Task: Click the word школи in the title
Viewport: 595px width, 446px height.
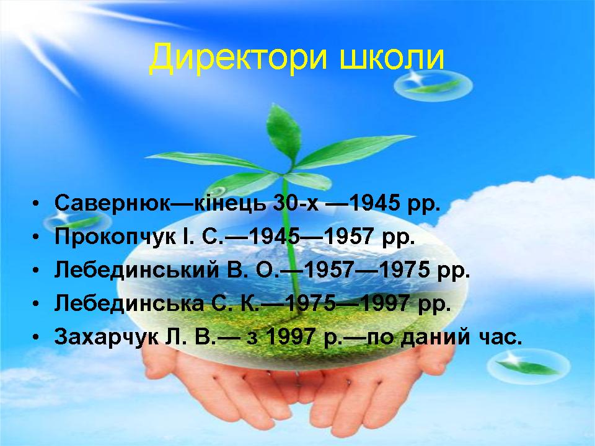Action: (x=392, y=59)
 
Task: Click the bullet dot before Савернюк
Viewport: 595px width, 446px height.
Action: (x=36, y=204)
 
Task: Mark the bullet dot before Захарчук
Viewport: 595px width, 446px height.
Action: (x=36, y=338)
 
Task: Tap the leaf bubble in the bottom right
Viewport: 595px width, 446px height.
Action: (x=529, y=365)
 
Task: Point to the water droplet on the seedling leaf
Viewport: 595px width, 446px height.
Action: (x=217, y=191)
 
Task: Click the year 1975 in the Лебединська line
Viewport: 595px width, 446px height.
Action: (x=310, y=304)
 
